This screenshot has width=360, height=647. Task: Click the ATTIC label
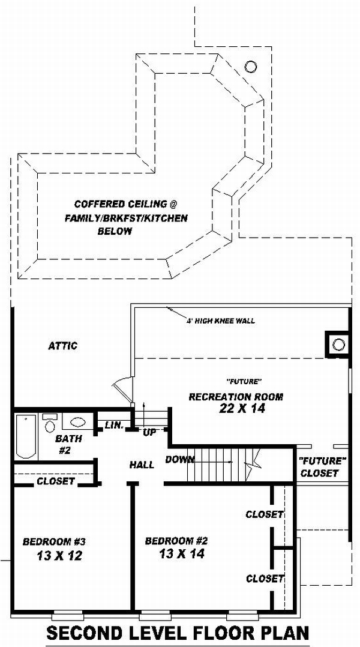coord(62,346)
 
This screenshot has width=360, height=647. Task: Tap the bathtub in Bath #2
coord(26,436)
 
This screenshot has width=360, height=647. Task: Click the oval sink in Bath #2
coord(78,422)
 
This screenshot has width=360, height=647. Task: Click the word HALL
coord(142,465)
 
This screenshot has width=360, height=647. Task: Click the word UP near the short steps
coord(149,433)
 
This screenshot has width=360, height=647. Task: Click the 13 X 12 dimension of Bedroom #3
coord(59,556)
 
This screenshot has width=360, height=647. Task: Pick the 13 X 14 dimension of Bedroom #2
coord(181,554)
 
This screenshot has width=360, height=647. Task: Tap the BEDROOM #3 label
coord(54,541)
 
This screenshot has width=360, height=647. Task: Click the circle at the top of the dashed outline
coord(250,66)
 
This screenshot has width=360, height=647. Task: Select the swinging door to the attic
coord(123,390)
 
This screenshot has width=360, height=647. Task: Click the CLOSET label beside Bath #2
coord(56,481)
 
